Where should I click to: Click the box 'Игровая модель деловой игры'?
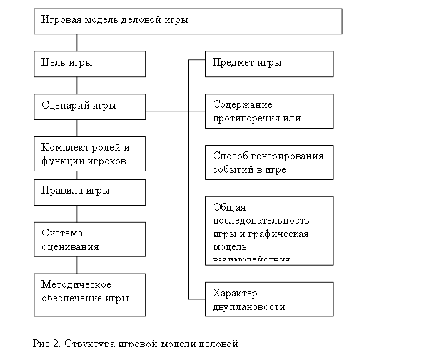[x=188, y=21]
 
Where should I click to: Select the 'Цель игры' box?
[x=89, y=64]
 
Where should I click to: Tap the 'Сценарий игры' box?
[x=89, y=106]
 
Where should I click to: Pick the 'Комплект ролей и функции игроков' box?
[x=89, y=154]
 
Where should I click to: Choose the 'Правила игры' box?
[x=89, y=191]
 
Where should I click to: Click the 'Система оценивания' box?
[x=89, y=239]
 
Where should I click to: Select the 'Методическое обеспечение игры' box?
[x=89, y=293]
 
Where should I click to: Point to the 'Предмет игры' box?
[x=269, y=64]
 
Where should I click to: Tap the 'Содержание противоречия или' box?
[x=269, y=111]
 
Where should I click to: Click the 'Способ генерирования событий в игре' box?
[x=269, y=163]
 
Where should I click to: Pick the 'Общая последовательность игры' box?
[x=269, y=230]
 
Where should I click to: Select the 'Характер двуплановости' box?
[x=269, y=299]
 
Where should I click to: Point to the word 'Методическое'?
[x=76, y=284]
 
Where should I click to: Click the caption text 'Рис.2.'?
[x=47, y=344]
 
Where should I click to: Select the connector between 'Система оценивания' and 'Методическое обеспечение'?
[x=76, y=264]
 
